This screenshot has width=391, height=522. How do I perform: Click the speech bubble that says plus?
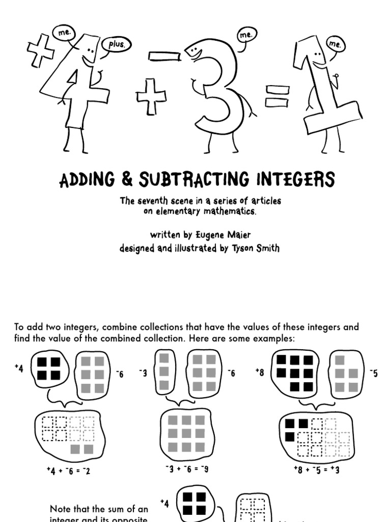116,44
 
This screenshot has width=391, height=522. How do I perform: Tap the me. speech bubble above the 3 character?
246,35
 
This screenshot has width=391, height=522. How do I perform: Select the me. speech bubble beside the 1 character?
334,44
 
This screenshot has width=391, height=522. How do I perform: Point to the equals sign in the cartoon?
276,96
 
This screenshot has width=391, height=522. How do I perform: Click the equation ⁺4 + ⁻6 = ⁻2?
68,471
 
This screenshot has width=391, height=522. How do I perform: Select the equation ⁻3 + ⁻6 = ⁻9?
187,468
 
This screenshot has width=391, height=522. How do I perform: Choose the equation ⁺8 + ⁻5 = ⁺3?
317,469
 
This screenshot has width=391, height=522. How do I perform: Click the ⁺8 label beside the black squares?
260,373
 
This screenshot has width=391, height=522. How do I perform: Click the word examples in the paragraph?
275,339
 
